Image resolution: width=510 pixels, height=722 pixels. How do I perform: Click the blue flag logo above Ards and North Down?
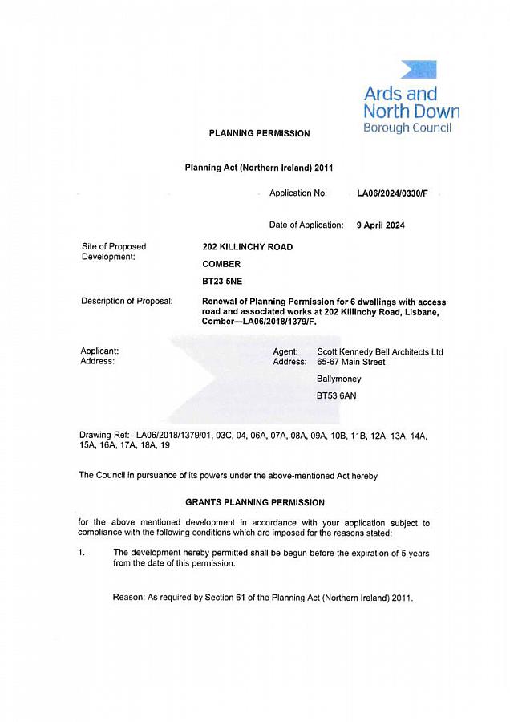[x=419, y=70]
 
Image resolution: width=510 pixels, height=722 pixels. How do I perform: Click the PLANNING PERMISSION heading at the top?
[x=259, y=133]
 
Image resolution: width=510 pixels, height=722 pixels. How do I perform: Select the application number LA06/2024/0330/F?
[x=398, y=193]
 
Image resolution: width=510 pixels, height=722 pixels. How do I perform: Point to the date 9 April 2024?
[x=380, y=225]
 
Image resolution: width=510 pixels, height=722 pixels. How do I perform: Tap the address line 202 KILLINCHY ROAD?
[x=247, y=247]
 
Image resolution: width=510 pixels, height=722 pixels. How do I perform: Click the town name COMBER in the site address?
[x=221, y=264]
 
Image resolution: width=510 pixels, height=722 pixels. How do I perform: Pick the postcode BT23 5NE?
[x=222, y=282]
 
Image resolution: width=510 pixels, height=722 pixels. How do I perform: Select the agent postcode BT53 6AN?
[x=334, y=396]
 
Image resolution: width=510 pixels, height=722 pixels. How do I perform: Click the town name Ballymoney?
[x=339, y=379]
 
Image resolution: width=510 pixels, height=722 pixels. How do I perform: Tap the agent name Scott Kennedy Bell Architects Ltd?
[x=380, y=352]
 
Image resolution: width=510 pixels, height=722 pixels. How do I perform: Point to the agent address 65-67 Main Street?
[x=351, y=362]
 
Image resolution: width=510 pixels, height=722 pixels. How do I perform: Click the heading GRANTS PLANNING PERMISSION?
[x=255, y=502]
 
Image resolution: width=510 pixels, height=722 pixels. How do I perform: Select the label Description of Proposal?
[x=127, y=301]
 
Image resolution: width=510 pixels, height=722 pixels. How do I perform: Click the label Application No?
[x=298, y=193]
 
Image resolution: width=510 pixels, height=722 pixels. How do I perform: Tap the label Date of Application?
[x=306, y=225]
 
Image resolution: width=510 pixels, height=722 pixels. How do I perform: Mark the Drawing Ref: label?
[x=105, y=434]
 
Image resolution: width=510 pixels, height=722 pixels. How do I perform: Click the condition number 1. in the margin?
[x=82, y=552]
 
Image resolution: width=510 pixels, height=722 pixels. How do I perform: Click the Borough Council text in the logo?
[x=407, y=128]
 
